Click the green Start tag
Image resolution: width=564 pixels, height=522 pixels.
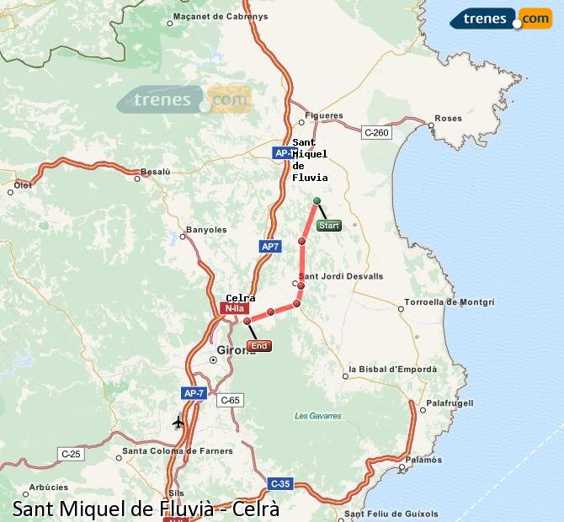click(328, 226)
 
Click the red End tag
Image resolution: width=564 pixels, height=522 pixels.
click(259, 346)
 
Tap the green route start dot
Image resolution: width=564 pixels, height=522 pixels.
click(317, 200)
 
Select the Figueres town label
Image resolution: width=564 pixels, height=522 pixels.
click(324, 115)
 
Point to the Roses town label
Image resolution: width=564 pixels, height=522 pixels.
click(448, 119)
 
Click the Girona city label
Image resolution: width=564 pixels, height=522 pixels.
click(236, 350)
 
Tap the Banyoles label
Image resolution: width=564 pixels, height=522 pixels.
click(206, 229)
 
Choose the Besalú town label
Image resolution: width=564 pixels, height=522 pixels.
click(155, 172)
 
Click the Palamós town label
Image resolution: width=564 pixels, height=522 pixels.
click(423, 460)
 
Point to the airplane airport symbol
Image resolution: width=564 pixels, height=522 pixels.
click(178, 422)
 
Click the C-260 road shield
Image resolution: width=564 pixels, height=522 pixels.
click(376, 132)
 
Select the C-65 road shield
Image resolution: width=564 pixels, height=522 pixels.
click(230, 400)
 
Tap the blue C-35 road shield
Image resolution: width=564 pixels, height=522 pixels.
click(280, 483)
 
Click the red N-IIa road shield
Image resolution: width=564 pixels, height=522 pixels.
click(233, 309)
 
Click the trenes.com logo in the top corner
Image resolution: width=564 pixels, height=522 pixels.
click(500, 18)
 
